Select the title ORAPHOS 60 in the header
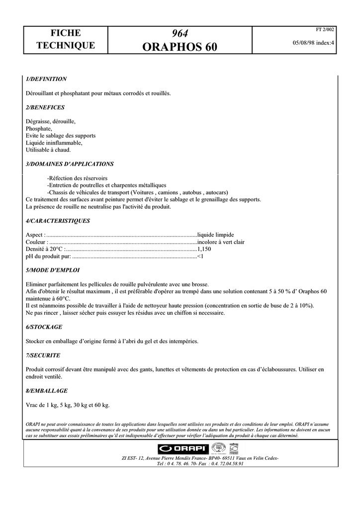pos(180,47)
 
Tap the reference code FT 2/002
pos(326,29)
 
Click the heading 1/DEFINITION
pos(46,79)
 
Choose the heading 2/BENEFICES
pos(45,107)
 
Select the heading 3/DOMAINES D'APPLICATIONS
pos(69,164)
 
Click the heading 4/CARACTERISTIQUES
pos(57,221)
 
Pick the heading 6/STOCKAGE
pos(44,327)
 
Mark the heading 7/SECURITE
pos(43,355)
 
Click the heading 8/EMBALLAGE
pos(46,391)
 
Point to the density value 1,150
pos(204,249)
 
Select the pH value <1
pos(201,256)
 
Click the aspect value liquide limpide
pos(216,235)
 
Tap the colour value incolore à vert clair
pos(221,242)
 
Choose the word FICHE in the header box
pos(66,33)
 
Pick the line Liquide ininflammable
pos(54,143)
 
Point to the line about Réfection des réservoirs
pos(77,178)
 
